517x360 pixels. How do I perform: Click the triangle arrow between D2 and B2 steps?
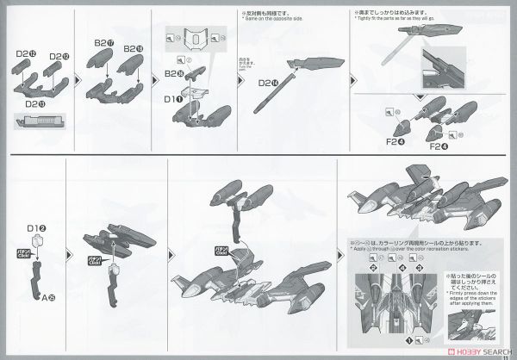pos(78,77)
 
